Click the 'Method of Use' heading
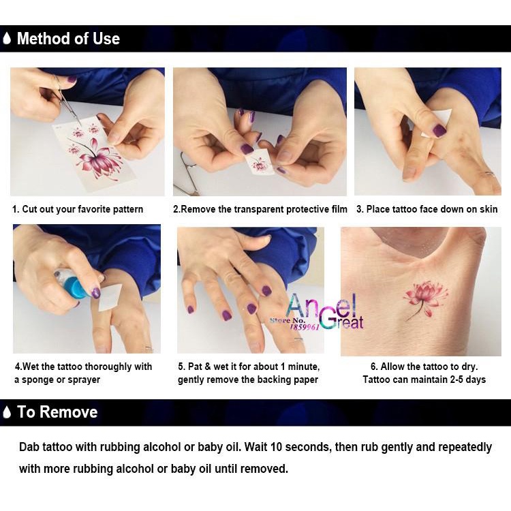[68, 38]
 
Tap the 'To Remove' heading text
[57, 412]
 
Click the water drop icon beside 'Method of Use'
[7, 38]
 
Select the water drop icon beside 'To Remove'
[7, 412]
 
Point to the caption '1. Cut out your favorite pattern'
[78, 209]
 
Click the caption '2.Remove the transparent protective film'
[260, 209]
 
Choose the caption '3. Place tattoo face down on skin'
[427, 209]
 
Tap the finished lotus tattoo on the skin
[424, 299]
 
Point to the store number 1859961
[305, 326]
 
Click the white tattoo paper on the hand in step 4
[111, 297]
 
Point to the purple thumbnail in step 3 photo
[439, 130]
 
